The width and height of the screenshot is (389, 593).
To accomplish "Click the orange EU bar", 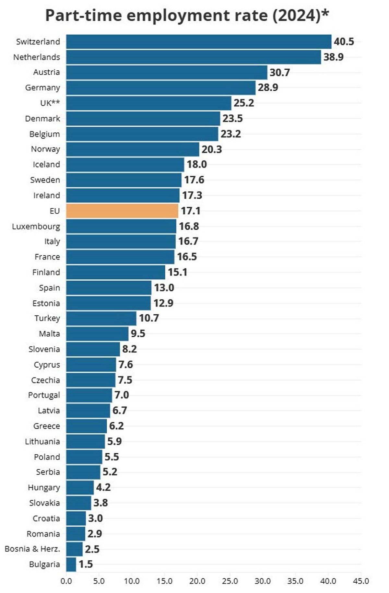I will click(x=122, y=211).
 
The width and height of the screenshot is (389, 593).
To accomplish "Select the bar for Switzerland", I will click(x=199, y=42).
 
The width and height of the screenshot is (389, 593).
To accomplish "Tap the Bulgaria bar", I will click(x=71, y=564).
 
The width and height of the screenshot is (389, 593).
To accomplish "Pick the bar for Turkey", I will click(x=101, y=318).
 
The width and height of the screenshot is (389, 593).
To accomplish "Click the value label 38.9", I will click(x=333, y=57).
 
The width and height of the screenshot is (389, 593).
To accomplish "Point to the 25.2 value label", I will click(x=244, y=103).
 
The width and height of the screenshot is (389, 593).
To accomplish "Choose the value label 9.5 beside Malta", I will click(x=138, y=333).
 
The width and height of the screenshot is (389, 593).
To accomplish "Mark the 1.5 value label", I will click(x=86, y=564).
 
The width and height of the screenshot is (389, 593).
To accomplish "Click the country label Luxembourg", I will click(x=36, y=227).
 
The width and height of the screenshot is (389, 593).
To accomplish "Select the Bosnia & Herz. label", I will click(x=32, y=549).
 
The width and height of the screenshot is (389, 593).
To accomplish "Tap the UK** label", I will click(x=50, y=103).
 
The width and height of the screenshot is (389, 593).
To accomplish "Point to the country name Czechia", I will click(x=45, y=380).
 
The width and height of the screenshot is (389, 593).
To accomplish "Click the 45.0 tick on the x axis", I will click(x=361, y=581).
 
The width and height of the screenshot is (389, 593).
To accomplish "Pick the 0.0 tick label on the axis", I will click(x=66, y=581).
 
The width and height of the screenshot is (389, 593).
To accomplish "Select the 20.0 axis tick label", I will click(x=197, y=581).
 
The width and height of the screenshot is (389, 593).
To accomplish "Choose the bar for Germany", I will click(x=161, y=88).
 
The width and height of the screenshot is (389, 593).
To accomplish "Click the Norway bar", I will click(x=133, y=149).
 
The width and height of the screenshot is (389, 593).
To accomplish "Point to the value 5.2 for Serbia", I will click(x=110, y=472).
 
